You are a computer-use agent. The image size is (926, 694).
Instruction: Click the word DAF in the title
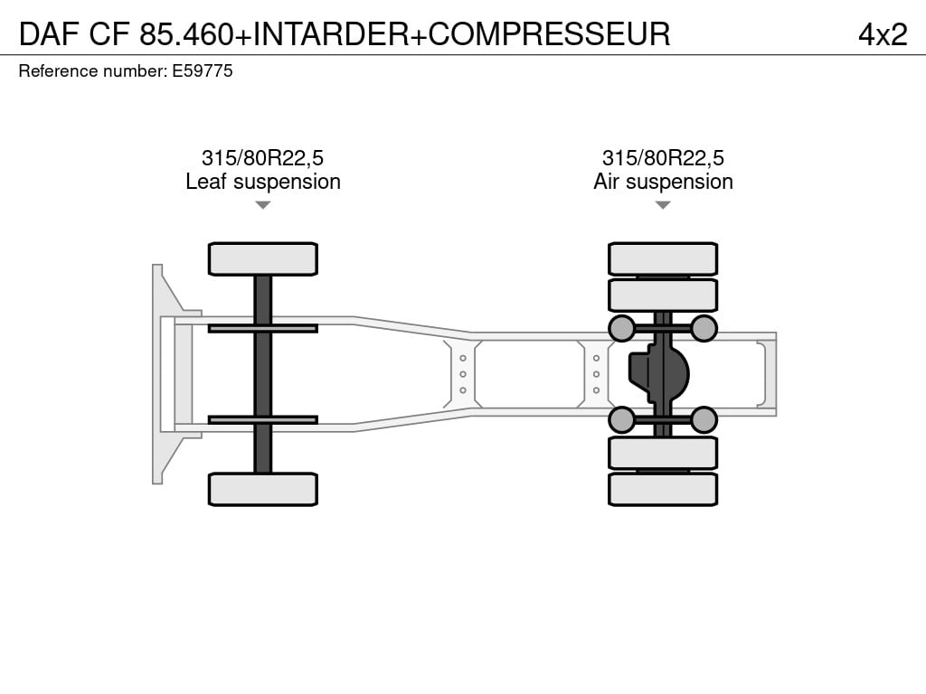[x=49, y=33]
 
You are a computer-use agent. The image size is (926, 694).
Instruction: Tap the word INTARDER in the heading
[x=331, y=33]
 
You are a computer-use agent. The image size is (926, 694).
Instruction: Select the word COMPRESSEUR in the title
[x=549, y=33]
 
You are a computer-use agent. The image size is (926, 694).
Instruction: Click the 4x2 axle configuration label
[x=883, y=34]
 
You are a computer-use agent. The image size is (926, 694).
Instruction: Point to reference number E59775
[x=203, y=70]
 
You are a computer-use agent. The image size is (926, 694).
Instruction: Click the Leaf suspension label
[x=263, y=182]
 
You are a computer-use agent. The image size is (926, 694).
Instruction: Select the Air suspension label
[x=663, y=182]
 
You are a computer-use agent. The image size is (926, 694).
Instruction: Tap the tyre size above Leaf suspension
[x=263, y=158]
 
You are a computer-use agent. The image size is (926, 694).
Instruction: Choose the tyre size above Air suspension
[x=663, y=158]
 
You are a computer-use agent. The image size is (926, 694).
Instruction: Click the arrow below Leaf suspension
[x=263, y=205]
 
